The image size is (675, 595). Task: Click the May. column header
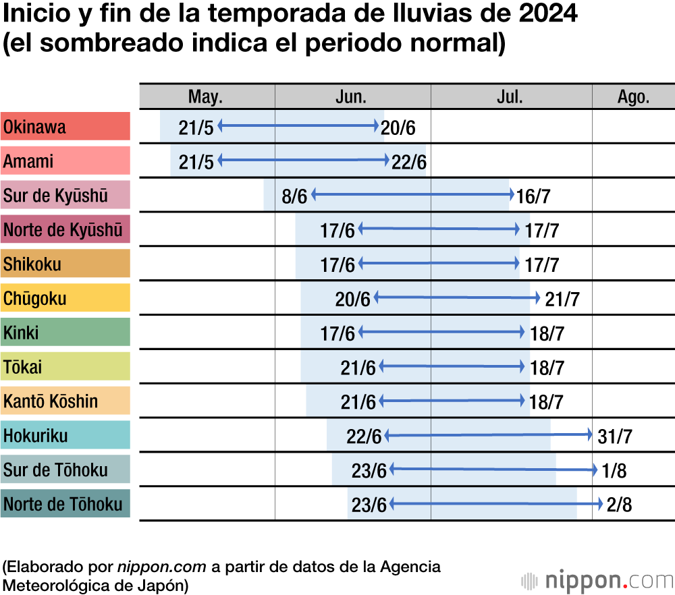pos(205,96)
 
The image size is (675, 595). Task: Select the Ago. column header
pos(633,96)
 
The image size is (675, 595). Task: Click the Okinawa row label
pos(65,127)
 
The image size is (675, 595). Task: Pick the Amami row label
pos(65,161)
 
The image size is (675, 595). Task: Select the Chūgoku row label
pos(65,298)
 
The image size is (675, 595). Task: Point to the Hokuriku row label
pos(65,435)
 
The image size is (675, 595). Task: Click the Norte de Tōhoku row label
pos(65,504)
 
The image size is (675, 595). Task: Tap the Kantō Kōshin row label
pos(65,401)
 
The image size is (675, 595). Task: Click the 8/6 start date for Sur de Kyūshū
pos(294,196)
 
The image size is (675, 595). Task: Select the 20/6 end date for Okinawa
pos(398,128)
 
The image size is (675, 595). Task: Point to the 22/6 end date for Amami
pos(408,162)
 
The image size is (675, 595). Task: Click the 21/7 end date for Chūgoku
pos(562,299)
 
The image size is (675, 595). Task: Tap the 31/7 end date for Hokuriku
pos(615,436)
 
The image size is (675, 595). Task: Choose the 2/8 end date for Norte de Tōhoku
pos(619,505)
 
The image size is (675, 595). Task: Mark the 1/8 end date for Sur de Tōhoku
pos(614,470)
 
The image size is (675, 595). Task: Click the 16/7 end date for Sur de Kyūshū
pos(533,196)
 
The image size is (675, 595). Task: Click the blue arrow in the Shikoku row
pos(439,263)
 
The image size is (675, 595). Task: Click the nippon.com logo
pos(597,579)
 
